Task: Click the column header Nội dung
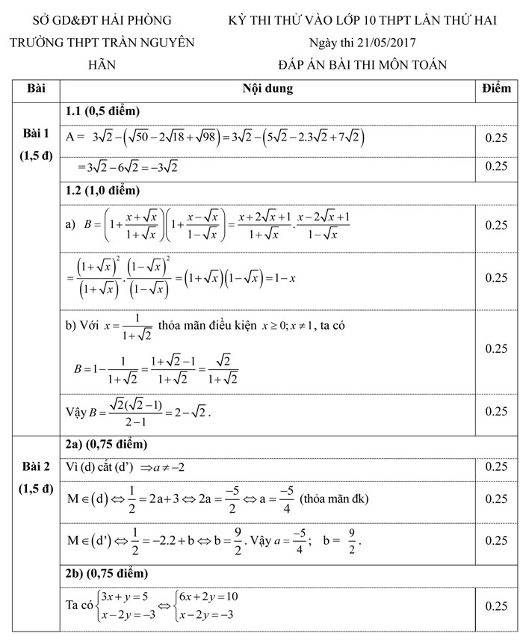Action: click(x=267, y=89)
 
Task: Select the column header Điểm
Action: click(x=496, y=89)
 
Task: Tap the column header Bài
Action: click(x=36, y=89)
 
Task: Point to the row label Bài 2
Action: click(x=36, y=467)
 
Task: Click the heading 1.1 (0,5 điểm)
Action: click(x=102, y=111)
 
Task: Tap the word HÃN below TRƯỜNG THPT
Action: click(x=102, y=65)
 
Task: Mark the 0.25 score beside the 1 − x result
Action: click(x=496, y=277)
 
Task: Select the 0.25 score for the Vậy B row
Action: click(x=496, y=411)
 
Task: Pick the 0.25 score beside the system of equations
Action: click(x=496, y=606)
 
